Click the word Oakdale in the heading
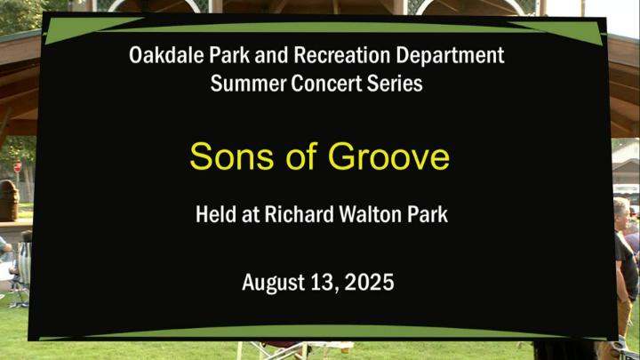166,55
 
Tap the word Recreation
341,55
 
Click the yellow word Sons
231,156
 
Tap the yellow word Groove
388,156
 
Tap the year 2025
370,283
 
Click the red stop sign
18,166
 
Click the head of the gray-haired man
621,214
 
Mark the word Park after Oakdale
229,55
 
